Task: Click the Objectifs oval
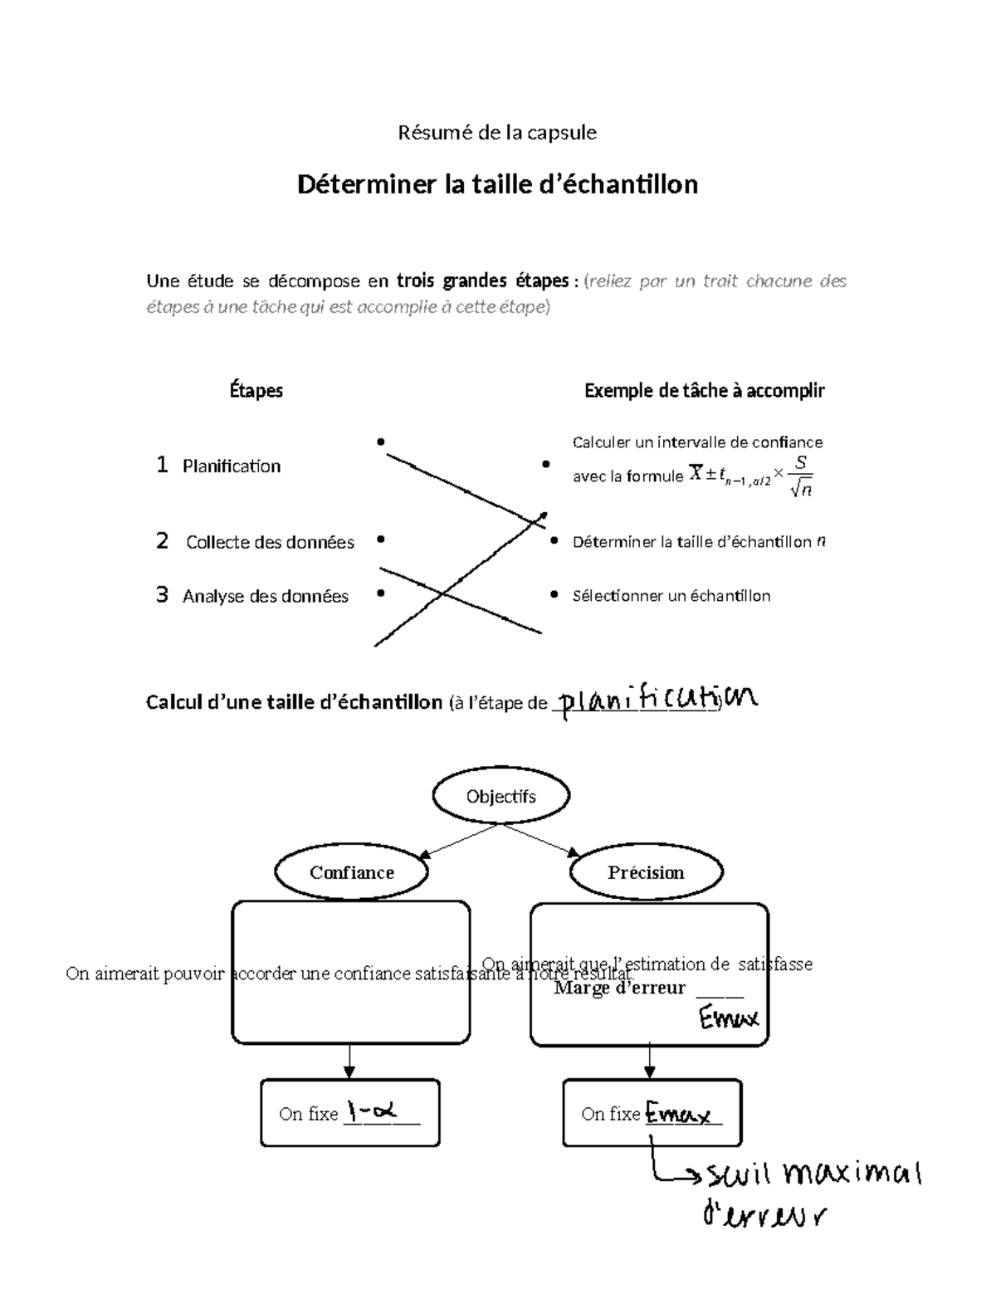click(500, 796)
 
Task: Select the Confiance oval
click(351, 872)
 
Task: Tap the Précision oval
click(646, 872)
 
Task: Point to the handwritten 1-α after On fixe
click(372, 1110)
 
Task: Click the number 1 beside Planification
click(162, 465)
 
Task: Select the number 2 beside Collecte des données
click(162, 541)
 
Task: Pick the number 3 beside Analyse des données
click(162, 595)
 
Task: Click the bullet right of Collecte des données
click(380, 540)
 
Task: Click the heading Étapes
click(256, 390)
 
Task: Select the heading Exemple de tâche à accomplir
click(704, 390)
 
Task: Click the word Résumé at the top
click(427, 133)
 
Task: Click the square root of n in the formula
click(801, 490)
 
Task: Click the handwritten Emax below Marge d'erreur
click(729, 1018)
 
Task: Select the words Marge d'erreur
click(619, 989)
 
